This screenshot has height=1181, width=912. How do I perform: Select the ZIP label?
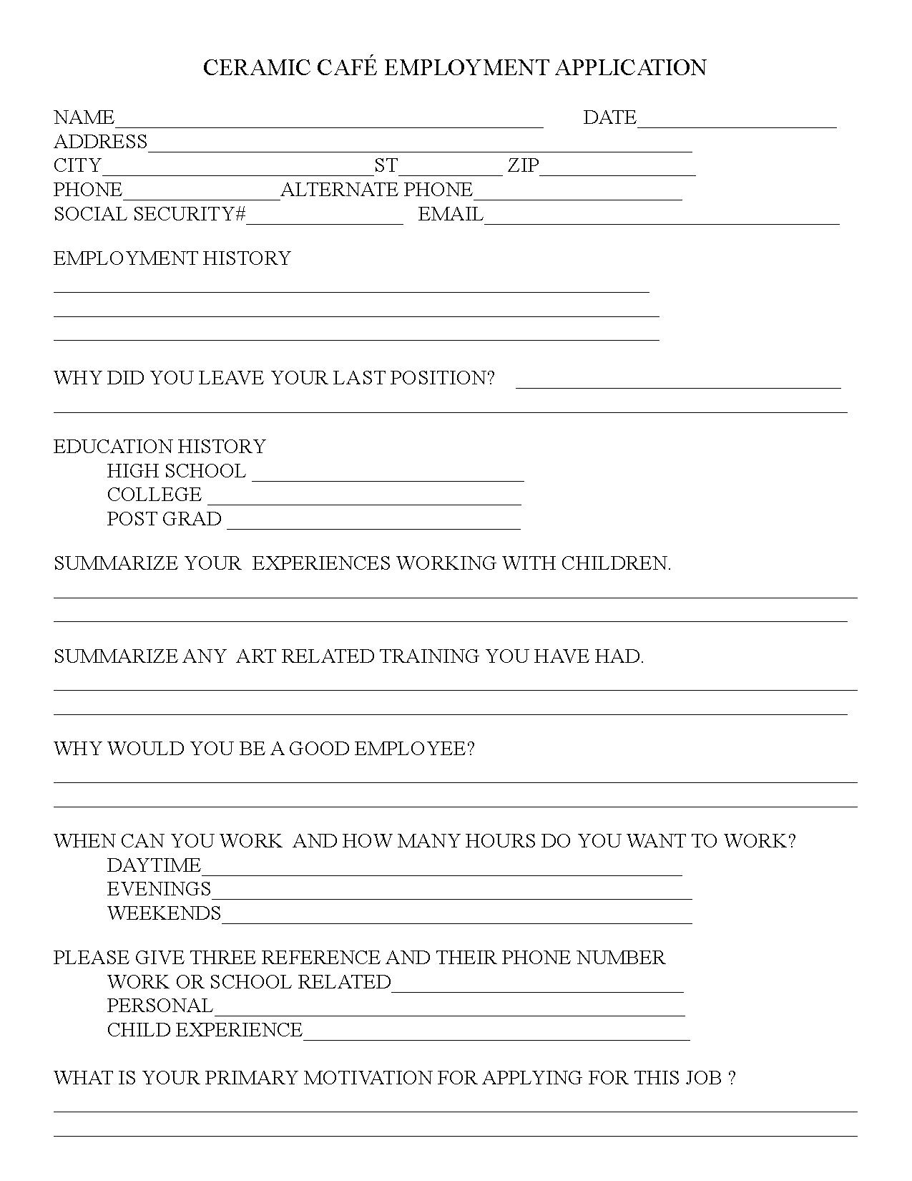(523, 166)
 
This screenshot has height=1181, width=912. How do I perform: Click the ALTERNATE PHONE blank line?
(578, 195)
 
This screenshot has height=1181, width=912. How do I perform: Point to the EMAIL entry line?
(662, 219)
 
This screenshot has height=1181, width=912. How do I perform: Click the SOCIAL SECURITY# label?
(150, 214)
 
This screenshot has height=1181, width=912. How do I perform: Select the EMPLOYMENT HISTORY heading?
(172, 258)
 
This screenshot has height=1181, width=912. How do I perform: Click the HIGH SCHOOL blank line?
(388, 477)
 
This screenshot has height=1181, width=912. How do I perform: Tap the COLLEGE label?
(155, 495)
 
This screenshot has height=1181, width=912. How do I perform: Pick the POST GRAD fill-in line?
(373, 525)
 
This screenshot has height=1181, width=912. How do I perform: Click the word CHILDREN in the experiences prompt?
(614, 563)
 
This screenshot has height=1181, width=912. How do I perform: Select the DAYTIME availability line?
(441, 870)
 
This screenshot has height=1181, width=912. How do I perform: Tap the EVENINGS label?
(159, 889)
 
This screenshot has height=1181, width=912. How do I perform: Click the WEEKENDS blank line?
(456, 919)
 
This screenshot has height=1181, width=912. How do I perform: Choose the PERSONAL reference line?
(449, 1011)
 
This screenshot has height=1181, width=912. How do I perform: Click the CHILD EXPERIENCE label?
(205, 1030)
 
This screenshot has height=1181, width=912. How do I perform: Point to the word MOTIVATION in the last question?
(368, 1078)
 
